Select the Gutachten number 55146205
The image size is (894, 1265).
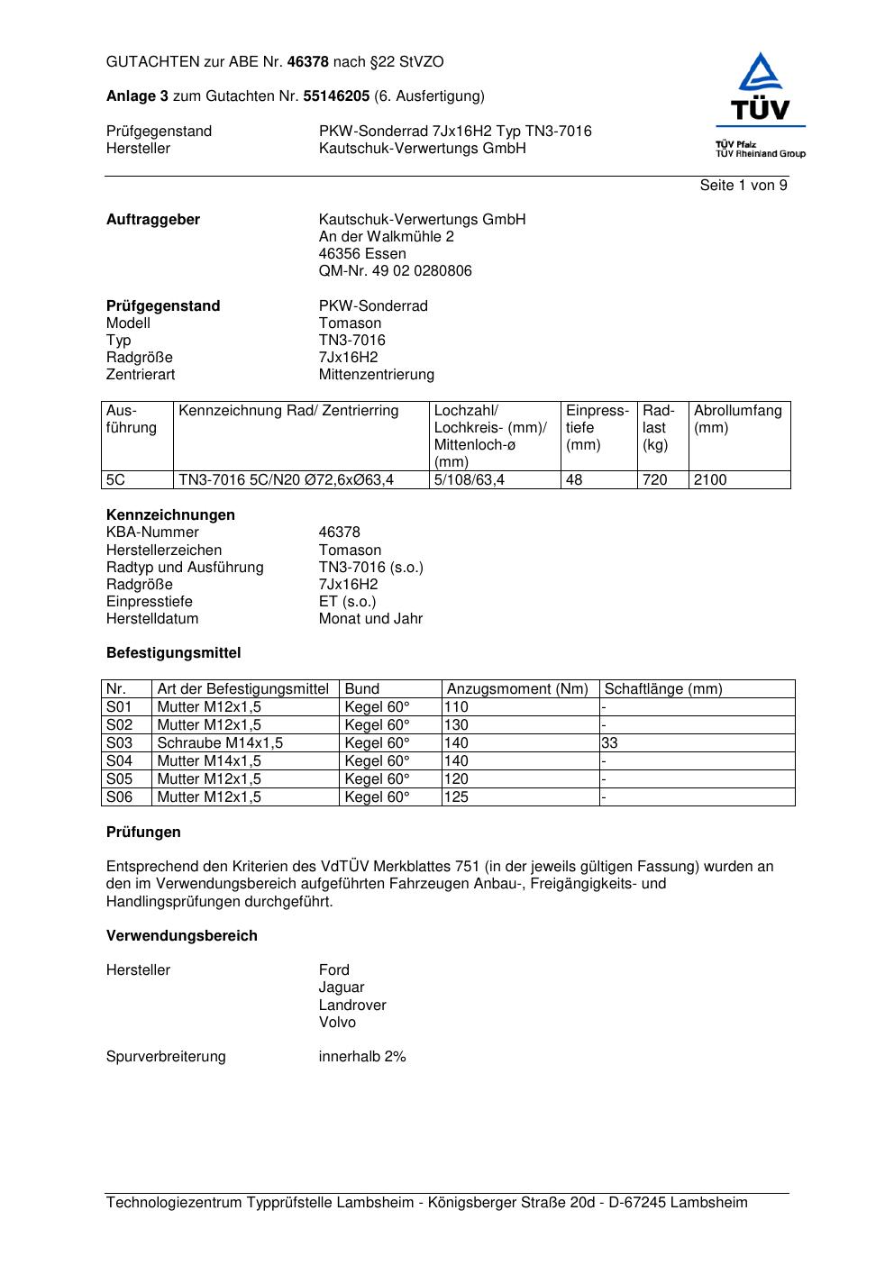point(336,96)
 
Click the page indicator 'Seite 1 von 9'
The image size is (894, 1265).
point(743,186)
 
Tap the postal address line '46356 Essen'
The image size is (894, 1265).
point(361,254)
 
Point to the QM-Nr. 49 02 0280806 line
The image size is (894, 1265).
point(395,271)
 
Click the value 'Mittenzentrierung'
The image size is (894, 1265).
point(376,375)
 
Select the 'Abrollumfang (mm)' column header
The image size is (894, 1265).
point(737,419)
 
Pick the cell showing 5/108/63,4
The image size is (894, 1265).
point(469,480)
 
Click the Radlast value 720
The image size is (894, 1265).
point(654,480)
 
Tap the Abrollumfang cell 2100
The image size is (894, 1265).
point(710,480)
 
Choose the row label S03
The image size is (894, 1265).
point(119,743)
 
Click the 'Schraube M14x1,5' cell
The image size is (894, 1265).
point(220,743)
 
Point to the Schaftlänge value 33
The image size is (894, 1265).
point(610,743)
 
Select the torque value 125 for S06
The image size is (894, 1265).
point(456,797)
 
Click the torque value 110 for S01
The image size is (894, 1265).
point(456,707)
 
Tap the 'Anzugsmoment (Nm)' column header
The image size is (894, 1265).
point(517,689)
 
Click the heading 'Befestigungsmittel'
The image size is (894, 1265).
point(173,653)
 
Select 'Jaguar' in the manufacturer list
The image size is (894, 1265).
point(342,987)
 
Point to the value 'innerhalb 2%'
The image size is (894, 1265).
point(362,1057)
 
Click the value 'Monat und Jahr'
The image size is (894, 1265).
point(370,619)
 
